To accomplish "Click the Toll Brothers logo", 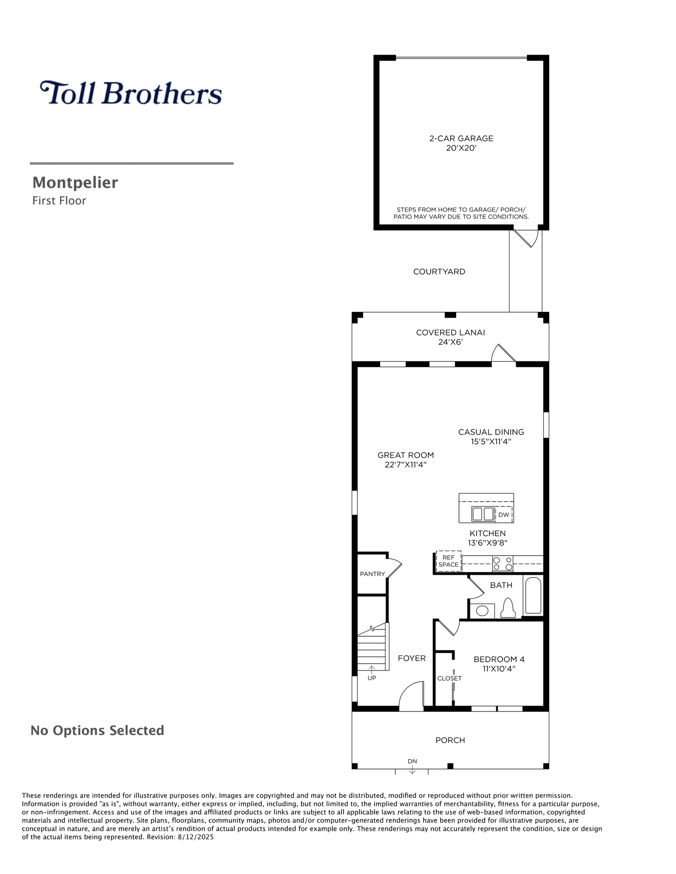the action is point(131,93).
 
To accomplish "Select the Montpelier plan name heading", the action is point(75,183).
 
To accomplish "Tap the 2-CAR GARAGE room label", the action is point(461,138).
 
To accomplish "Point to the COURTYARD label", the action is point(439,271).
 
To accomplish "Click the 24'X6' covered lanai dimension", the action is point(451,342).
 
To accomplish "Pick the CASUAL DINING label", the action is point(491,432).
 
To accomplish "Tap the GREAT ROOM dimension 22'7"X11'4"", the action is point(406,465).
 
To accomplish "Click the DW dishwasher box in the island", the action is point(504,515).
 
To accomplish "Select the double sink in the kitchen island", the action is point(483,514).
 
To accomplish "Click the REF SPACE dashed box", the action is point(448,561).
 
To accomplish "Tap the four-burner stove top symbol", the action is point(503,564).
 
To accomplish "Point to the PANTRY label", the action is point(372,574).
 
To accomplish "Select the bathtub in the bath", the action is point(533,595).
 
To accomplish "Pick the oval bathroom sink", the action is point(482,611).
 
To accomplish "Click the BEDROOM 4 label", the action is point(499,659).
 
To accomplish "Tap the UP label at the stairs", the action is point(372,678).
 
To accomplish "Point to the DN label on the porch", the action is point(412,761).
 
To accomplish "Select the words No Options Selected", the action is point(97,731).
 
